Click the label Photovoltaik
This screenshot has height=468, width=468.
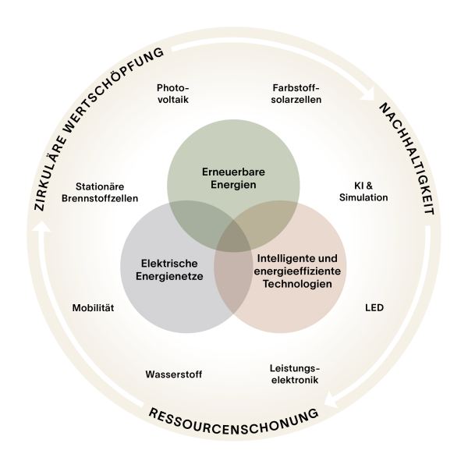[x=172, y=94]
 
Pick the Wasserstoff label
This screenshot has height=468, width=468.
[x=174, y=374]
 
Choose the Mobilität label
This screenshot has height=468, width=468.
[x=93, y=307]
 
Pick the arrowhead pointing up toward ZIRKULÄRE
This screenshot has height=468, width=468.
[x=45, y=228]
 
